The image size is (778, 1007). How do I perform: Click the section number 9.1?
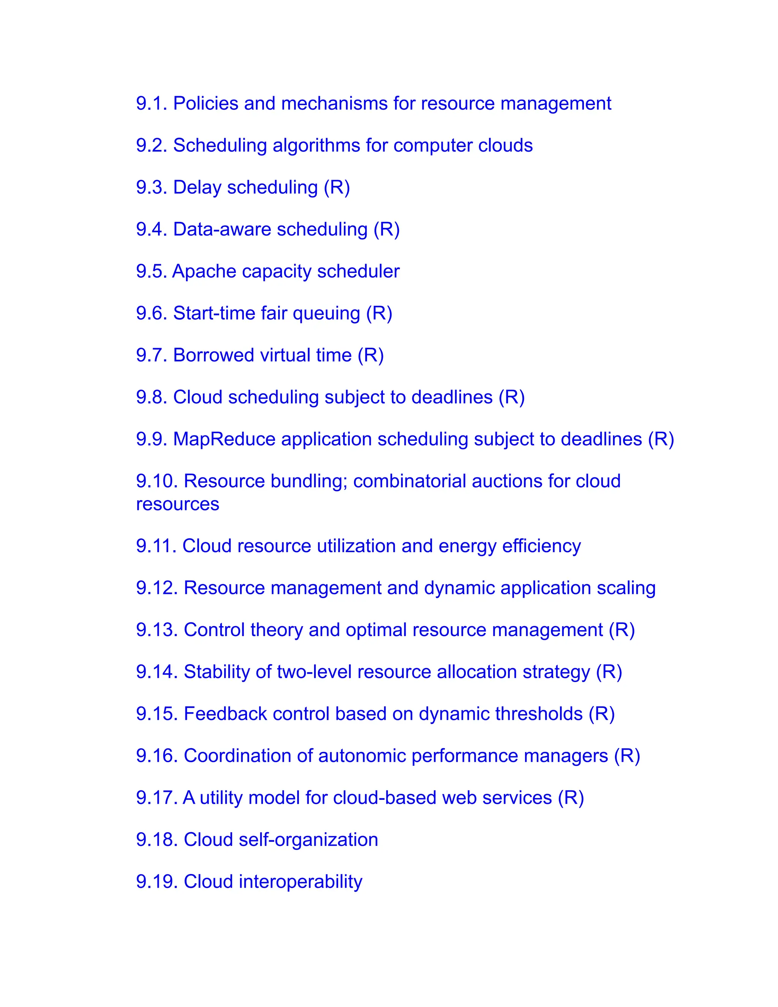tap(151, 103)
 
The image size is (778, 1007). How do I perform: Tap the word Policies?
tap(205, 103)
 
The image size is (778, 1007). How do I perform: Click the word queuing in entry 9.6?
tap(326, 314)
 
